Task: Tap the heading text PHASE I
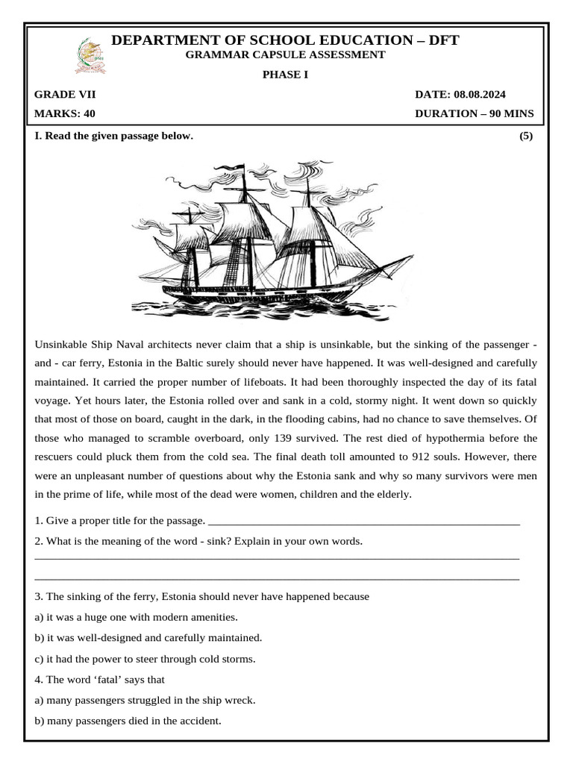click(286, 74)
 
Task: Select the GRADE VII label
click(65, 95)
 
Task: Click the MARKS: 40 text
click(65, 114)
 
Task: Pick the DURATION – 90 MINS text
click(474, 114)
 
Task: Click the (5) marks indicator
click(526, 136)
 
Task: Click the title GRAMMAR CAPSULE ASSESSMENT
click(286, 54)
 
